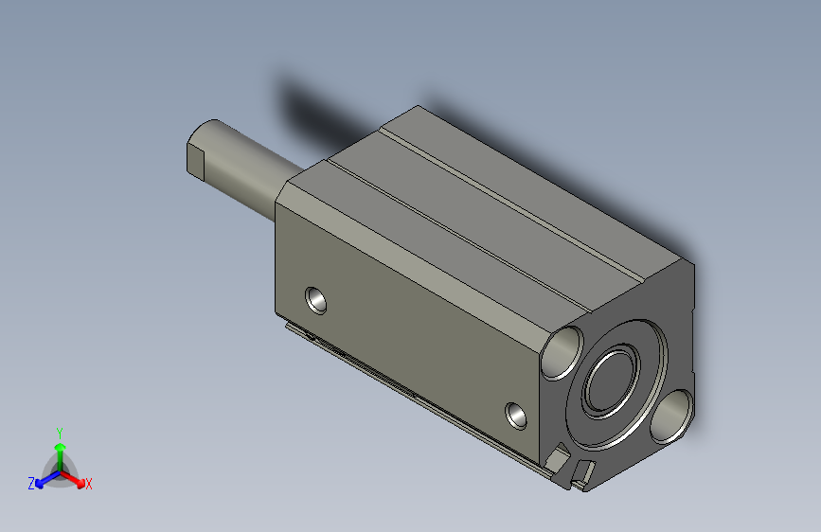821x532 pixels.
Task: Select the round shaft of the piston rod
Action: point(246,170)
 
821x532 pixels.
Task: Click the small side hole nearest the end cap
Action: point(517,414)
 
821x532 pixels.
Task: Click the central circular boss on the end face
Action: point(614,383)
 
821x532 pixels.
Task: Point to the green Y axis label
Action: point(59,431)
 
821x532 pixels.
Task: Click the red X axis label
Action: point(89,484)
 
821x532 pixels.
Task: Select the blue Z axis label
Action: point(31,483)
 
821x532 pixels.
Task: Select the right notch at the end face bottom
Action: point(586,470)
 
